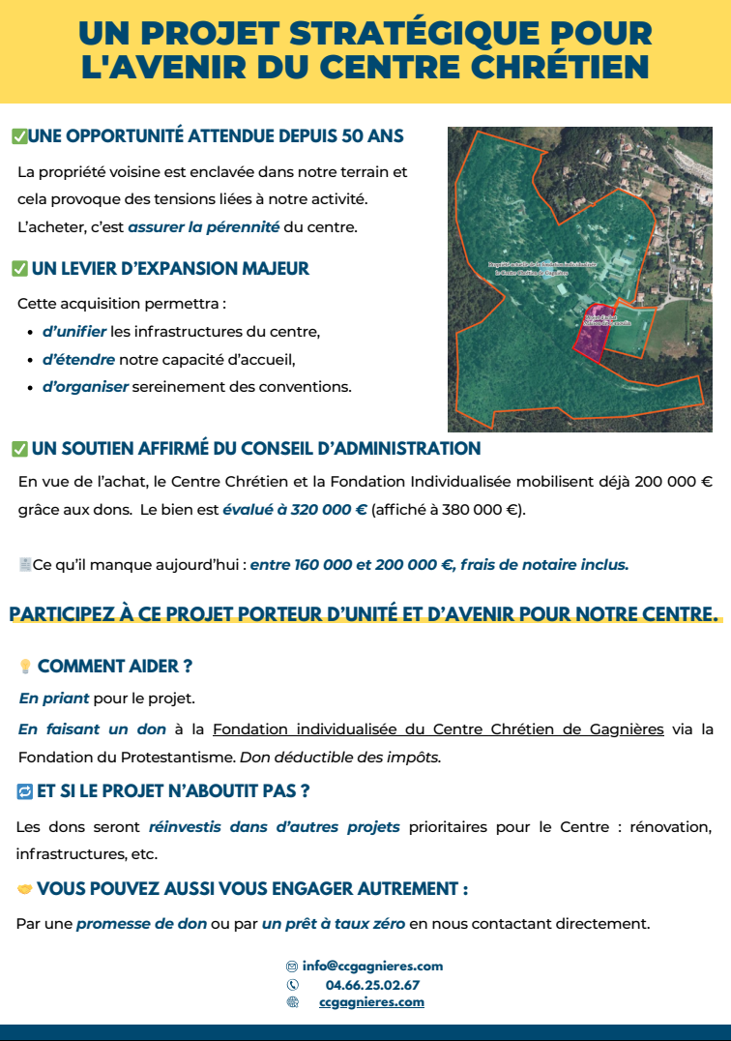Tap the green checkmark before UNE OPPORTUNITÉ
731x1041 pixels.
point(18,136)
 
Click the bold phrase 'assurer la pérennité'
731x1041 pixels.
point(203,228)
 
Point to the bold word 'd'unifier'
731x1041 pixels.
point(73,332)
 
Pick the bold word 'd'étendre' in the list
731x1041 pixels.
point(78,360)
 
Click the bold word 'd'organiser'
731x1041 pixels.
point(85,387)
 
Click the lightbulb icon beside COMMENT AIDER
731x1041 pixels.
point(25,667)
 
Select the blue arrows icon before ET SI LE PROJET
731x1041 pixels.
point(25,791)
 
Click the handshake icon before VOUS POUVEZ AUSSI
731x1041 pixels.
point(25,888)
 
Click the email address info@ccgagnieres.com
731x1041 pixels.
point(372,966)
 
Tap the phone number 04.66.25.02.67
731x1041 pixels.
point(372,985)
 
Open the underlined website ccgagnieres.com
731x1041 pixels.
point(371,1002)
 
